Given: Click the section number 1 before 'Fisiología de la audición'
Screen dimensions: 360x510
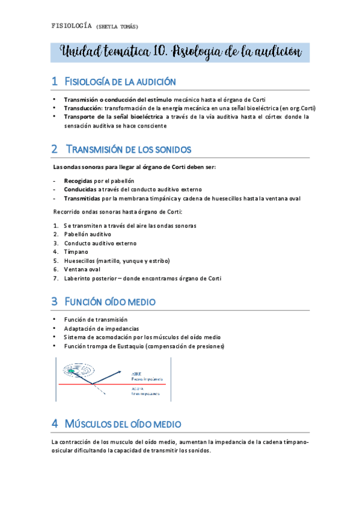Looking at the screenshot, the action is [55, 81].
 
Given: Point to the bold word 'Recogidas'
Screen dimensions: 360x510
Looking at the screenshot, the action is [78, 180].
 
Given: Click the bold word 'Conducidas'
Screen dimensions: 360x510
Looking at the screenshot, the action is [80, 189].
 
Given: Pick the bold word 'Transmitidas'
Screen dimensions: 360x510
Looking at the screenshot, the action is [82, 198].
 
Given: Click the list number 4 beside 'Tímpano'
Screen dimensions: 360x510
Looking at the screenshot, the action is [55, 251].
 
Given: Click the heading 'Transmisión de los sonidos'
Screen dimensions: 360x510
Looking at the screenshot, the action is [129, 149].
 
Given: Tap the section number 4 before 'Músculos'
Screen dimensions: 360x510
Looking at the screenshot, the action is [55, 424].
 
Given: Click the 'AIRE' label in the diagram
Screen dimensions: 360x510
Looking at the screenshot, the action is [136, 373].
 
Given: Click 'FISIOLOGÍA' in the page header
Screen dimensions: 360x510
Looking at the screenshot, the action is [72, 26].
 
